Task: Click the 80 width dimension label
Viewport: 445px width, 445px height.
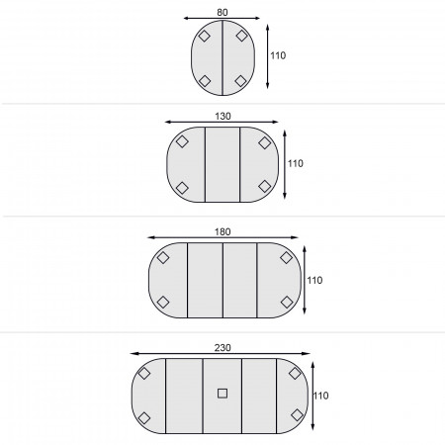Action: [222, 12]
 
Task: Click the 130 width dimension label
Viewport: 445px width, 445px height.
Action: [222, 116]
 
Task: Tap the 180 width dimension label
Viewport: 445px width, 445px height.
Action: [222, 231]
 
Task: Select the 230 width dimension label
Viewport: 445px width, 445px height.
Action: [222, 348]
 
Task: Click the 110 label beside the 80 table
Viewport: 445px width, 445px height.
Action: [278, 55]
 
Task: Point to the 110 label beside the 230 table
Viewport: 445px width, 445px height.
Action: [320, 396]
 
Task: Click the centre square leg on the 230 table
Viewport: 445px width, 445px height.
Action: [222, 394]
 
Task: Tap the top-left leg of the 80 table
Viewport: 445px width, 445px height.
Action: [205, 36]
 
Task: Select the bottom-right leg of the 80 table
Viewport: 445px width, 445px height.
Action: [241, 81]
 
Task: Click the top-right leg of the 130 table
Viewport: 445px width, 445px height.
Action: [265, 142]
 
